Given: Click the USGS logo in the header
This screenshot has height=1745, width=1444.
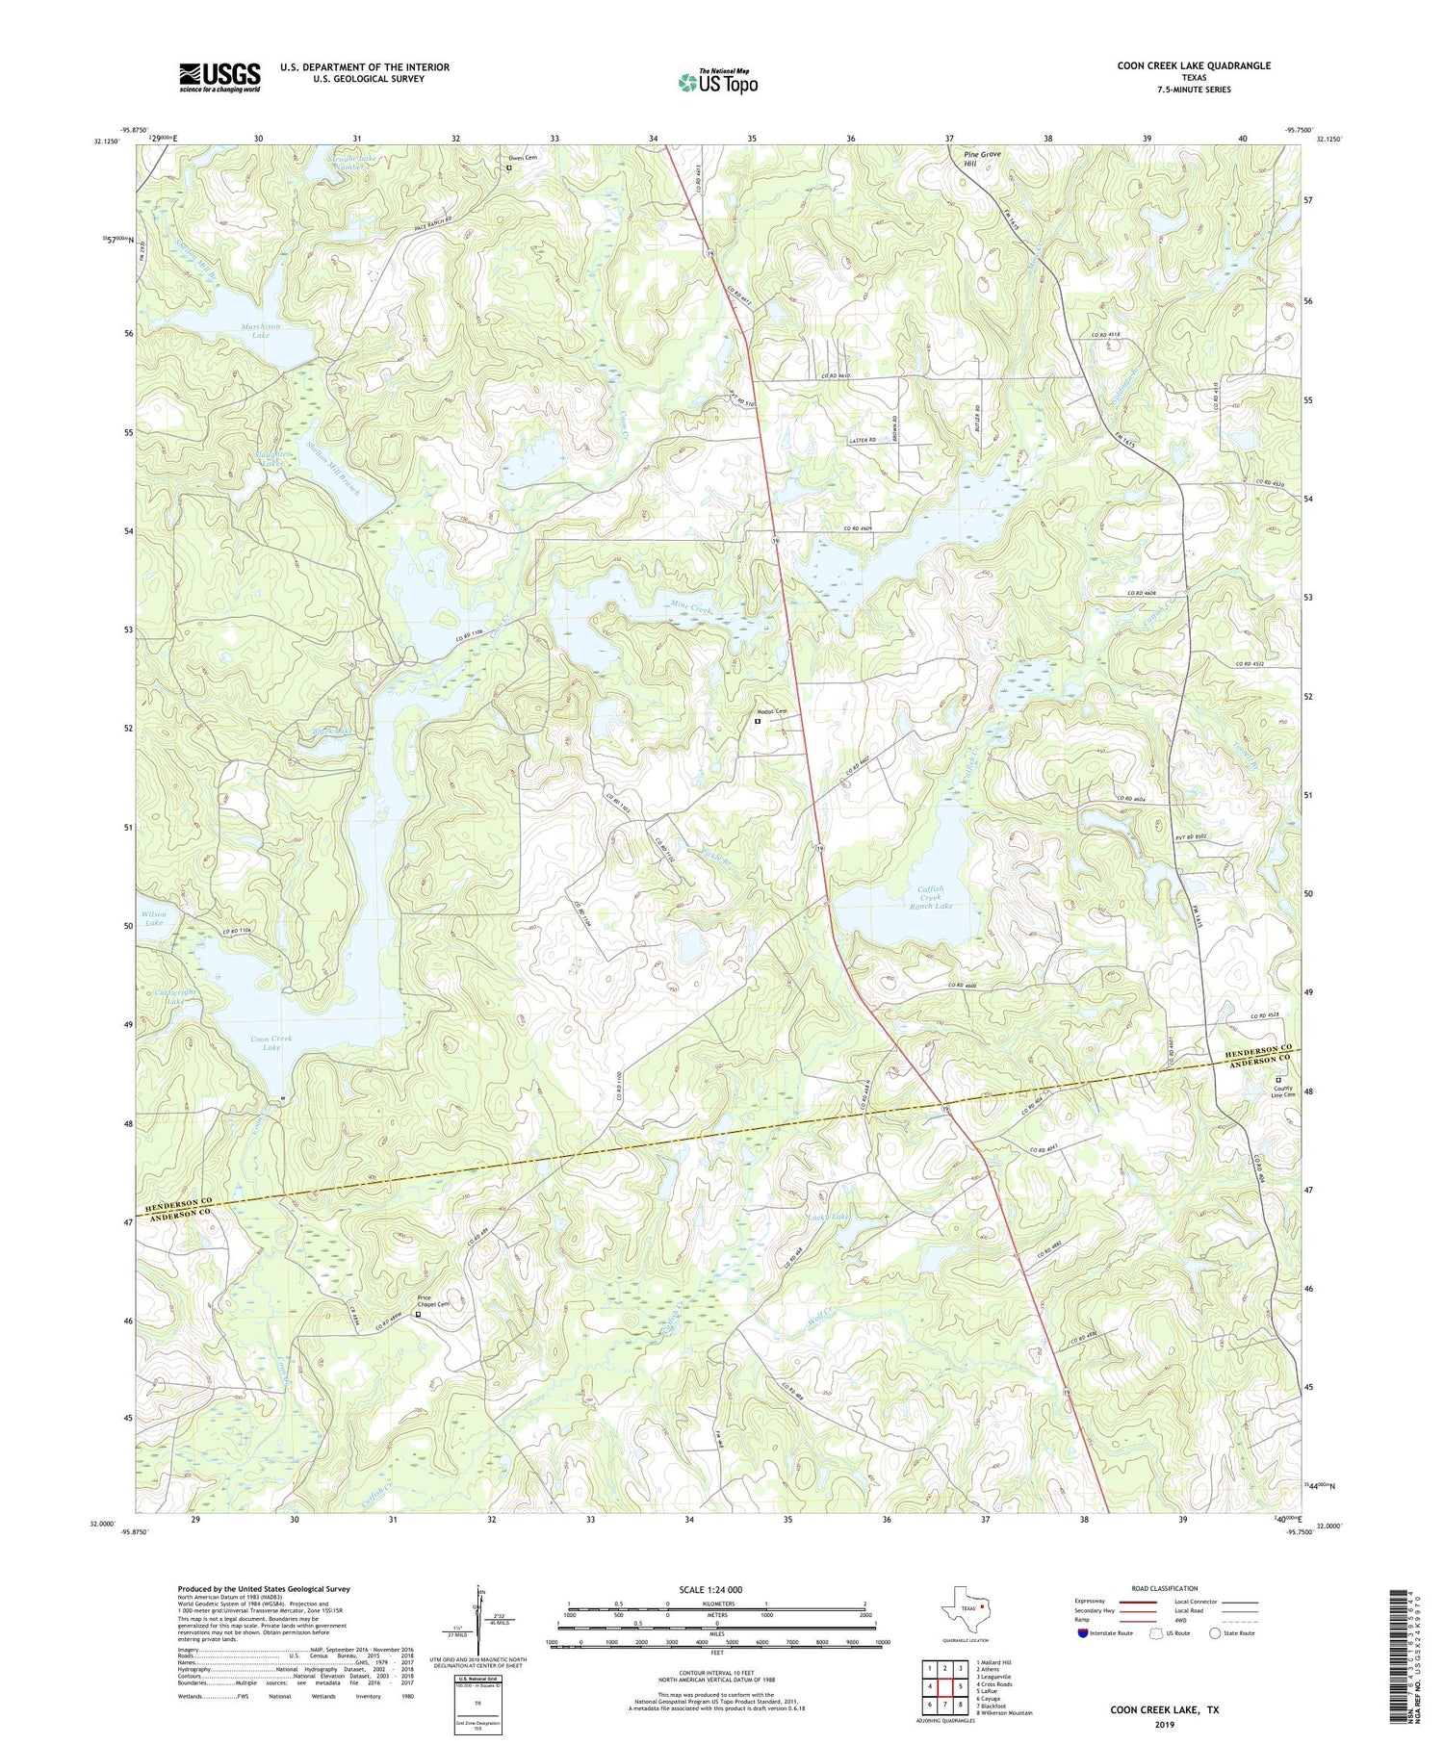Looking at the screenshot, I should pos(219,77).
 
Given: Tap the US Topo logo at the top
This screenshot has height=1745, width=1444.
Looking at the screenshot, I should pos(717,82).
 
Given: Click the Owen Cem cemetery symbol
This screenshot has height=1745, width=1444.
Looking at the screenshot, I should pos(509,167).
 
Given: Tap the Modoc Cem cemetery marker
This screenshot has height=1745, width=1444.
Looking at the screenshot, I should pos(758,721).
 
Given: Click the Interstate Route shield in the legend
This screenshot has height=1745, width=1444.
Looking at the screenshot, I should pos(1083,1633).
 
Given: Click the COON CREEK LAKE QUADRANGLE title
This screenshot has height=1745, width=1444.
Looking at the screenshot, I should pos(1194,65).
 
